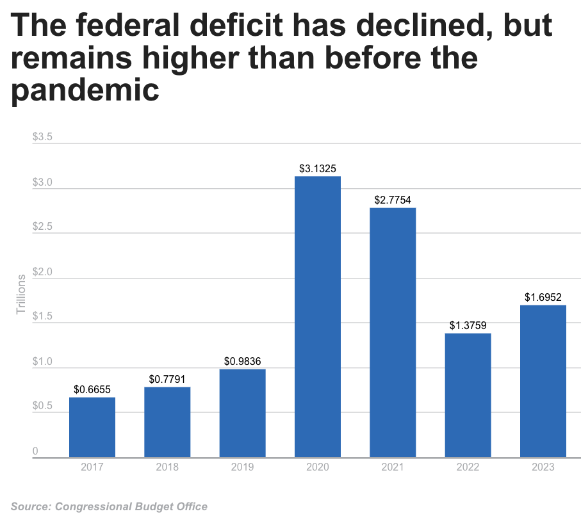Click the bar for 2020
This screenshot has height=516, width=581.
[x=318, y=316]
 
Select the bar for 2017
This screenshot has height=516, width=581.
[x=92, y=427]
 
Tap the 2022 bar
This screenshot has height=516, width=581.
[x=468, y=395]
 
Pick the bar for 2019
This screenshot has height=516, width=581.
[x=242, y=413]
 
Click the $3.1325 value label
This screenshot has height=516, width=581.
[x=318, y=169]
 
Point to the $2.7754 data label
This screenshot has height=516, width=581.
[x=393, y=200]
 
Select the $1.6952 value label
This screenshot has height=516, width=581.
[x=543, y=298]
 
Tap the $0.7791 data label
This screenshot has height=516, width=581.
[x=167, y=380]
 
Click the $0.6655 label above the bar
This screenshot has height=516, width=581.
[x=92, y=389]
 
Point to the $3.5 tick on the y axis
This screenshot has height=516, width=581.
[x=43, y=138]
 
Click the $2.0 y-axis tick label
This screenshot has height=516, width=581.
[x=43, y=273]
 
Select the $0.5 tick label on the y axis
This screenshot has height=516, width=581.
[x=43, y=407]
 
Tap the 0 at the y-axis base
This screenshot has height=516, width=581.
[x=35, y=451]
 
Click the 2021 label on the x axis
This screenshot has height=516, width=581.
[x=393, y=467]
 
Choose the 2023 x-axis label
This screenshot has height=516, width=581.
[x=543, y=467]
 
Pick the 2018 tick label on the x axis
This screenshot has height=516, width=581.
[x=167, y=467]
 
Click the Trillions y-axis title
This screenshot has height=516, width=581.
[x=20, y=294]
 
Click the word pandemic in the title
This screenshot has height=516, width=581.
[x=85, y=90]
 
